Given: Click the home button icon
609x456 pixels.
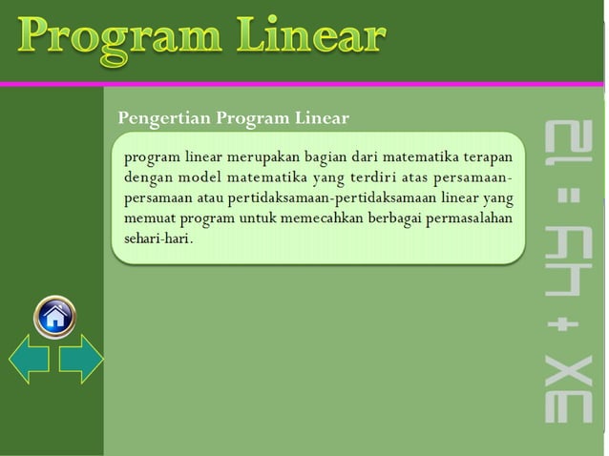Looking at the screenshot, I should [54, 316].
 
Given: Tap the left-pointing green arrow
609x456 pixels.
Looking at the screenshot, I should [30, 360].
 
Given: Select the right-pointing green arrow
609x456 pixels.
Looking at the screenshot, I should [80, 360].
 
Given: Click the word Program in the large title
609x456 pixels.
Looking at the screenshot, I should [118, 38].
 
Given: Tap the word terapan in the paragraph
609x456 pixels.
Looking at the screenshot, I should [486, 156].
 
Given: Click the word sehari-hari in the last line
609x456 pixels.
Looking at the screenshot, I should [157, 238].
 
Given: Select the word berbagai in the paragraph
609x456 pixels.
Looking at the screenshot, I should [401, 218].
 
